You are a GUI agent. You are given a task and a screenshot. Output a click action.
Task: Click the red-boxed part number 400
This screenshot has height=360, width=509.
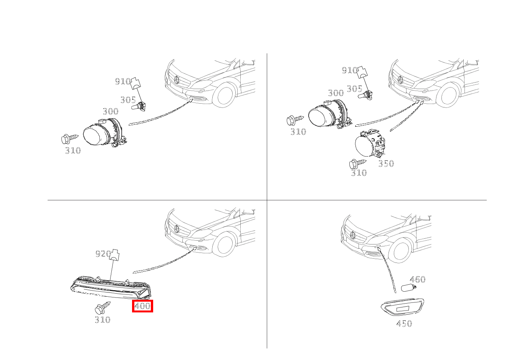[x=142, y=306]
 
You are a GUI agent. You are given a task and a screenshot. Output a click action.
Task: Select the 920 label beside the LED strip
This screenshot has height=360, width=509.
[x=103, y=253]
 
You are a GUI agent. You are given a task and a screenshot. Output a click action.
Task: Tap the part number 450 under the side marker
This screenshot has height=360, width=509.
[x=404, y=324]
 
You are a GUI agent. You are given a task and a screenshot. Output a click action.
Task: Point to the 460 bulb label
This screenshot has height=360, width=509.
[x=417, y=279]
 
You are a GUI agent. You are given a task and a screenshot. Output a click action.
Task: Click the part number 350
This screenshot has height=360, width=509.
[x=386, y=163]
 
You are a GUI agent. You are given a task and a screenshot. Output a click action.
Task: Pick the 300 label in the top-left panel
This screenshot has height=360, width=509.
[x=111, y=111]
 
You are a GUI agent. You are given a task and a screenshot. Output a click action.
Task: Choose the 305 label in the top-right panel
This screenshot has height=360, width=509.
[x=355, y=89]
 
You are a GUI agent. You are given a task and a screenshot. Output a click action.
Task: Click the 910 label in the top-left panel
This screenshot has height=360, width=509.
[x=123, y=81]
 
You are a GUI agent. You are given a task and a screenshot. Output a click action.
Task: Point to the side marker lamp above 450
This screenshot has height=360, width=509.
[x=402, y=307]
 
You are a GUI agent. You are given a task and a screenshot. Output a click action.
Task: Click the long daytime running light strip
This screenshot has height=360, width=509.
[x=111, y=287]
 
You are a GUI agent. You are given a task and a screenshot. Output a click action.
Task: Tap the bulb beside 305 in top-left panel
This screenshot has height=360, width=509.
[x=139, y=107]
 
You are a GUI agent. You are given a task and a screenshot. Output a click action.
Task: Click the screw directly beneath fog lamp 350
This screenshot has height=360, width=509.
[x=358, y=163]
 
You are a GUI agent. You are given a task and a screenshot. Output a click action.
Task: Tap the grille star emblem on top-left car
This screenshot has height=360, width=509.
[x=177, y=79]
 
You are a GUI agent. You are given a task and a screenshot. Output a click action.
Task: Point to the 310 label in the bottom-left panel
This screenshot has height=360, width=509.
[x=102, y=320]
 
